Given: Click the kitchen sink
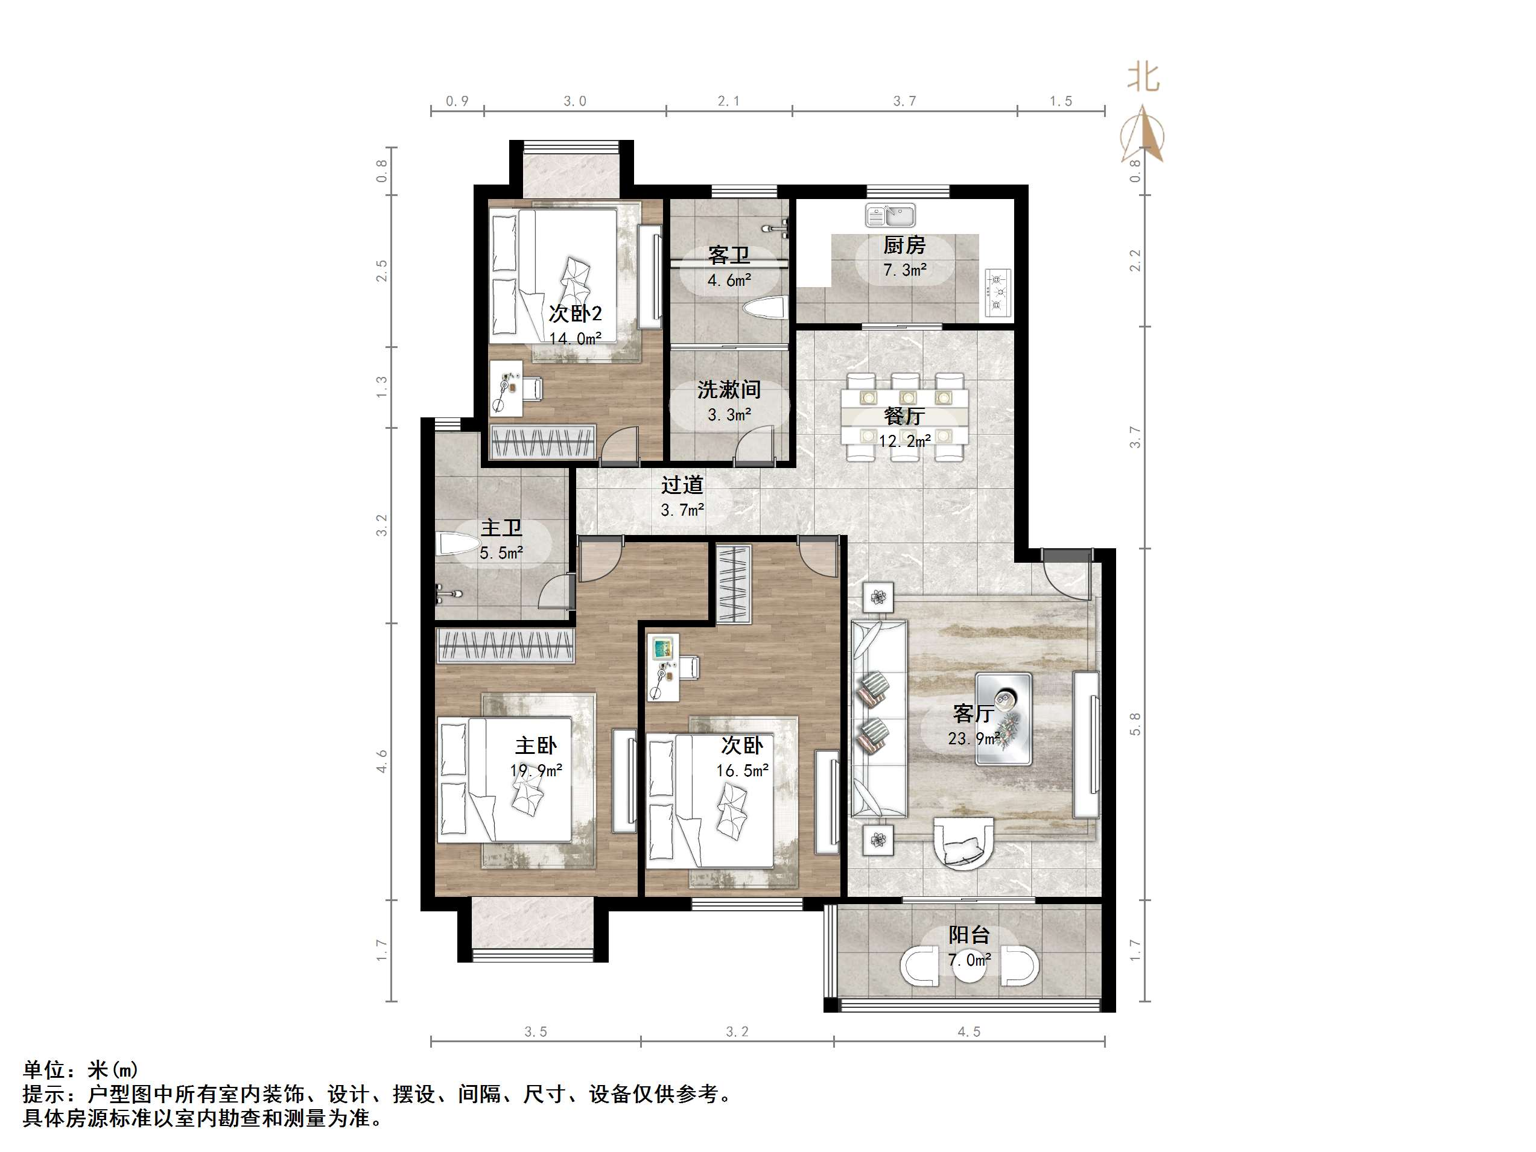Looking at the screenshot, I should pyautogui.click(x=890, y=215).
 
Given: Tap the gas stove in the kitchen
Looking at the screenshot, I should pyautogui.click(x=998, y=293).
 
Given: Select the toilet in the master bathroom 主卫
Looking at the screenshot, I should pyautogui.click(x=458, y=543).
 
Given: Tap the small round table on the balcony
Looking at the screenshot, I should pyautogui.click(x=970, y=964).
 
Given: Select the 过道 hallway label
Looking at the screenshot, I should pyautogui.click(x=682, y=485).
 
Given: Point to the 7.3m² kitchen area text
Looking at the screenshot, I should pyautogui.click(x=905, y=270).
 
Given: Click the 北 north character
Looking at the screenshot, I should pyautogui.click(x=1142, y=78).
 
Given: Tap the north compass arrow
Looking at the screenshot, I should pyautogui.click(x=1142, y=134).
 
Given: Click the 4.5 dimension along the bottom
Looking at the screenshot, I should pyautogui.click(x=969, y=1032).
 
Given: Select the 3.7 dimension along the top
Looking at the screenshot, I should pyautogui.click(x=904, y=101).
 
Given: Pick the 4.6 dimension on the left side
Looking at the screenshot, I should pyautogui.click(x=382, y=761).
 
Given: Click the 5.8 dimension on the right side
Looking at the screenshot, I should pyautogui.click(x=1135, y=724).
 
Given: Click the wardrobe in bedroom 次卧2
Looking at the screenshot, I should pyautogui.click(x=543, y=441).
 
